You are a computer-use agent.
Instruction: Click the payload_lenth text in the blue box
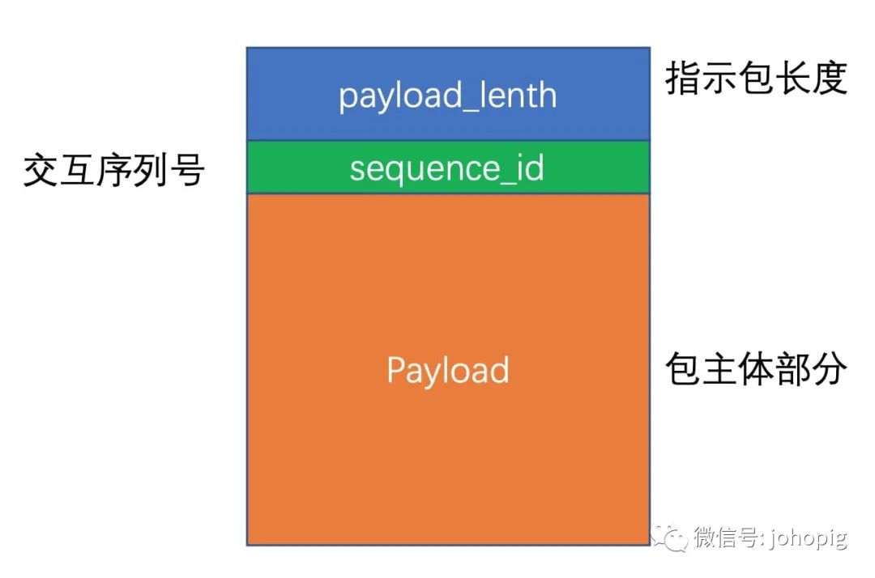tap(447, 96)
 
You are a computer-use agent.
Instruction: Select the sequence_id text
tap(446, 168)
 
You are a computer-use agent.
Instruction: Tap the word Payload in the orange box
tap(447, 370)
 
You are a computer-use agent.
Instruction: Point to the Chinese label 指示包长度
tap(756, 79)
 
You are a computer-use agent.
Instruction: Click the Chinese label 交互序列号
tap(113, 171)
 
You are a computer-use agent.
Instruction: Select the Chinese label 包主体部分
tap(756, 369)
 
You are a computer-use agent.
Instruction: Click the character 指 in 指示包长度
tap(683, 79)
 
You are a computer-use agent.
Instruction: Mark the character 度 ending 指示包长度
tap(829, 79)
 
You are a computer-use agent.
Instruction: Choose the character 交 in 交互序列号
tap(41, 171)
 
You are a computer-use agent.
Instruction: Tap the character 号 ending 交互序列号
tap(186, 171)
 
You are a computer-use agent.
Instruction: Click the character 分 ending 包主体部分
tap(829, 369)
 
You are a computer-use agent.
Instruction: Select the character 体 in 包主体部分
tap(756, 369)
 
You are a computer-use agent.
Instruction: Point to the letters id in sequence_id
tap(531, 168)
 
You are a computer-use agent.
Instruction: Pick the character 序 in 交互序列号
tap(113, 171)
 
